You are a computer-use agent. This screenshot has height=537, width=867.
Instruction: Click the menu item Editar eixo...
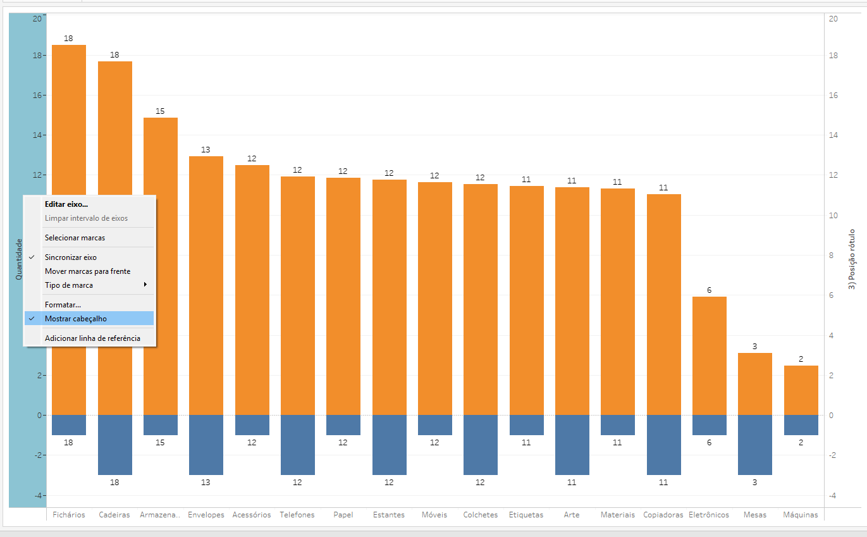66,204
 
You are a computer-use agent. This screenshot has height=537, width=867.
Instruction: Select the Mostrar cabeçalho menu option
76,319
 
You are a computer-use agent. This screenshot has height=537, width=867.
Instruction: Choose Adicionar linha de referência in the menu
92,338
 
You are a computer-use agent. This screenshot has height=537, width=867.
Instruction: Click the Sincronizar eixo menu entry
71,257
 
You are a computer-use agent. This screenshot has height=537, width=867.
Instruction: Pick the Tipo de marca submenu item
69,285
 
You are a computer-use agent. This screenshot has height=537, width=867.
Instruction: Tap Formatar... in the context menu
63,305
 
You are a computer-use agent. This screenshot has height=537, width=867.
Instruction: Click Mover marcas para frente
87,271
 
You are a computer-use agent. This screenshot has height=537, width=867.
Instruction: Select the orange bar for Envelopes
206,285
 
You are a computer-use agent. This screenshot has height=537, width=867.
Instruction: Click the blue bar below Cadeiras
114,445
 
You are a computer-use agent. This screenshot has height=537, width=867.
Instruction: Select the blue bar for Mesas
755,445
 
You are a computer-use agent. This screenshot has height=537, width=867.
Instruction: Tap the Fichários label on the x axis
69,515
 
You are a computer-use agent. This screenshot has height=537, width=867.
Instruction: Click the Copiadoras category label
663,515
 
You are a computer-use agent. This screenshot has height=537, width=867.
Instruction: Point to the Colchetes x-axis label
480,515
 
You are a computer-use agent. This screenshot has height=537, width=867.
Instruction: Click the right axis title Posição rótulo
851,259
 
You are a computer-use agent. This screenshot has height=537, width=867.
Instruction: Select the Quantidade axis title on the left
19,259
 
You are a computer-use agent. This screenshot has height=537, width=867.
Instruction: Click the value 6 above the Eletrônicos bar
709,290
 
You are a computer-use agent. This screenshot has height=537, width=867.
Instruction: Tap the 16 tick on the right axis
833,96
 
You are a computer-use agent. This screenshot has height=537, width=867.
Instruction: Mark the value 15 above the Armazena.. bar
160,111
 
